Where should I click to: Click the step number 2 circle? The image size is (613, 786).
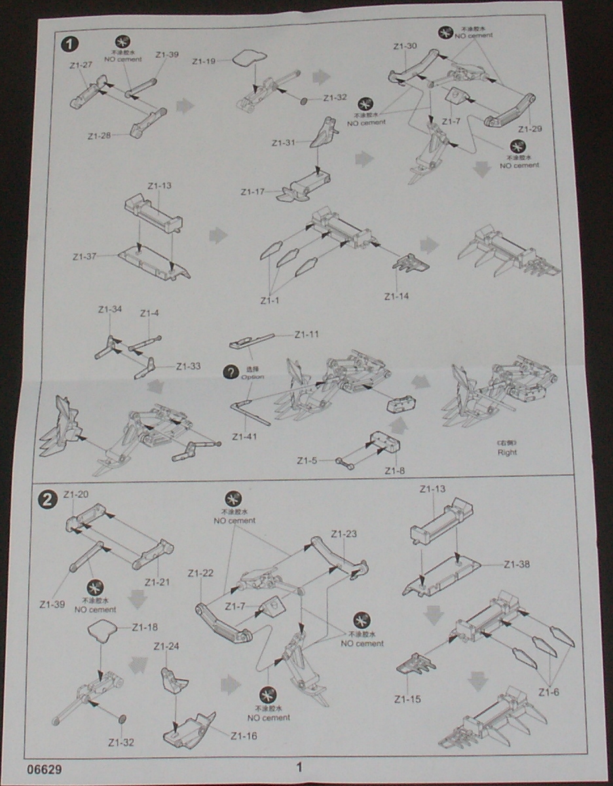47,500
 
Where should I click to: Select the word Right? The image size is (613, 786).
507,452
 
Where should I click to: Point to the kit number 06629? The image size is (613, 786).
45,766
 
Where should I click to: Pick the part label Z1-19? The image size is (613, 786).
204,62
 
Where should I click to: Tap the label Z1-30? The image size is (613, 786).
405,47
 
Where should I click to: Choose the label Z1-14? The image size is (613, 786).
396,296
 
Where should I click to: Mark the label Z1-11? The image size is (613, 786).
306,335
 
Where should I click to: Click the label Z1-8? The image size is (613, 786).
394,470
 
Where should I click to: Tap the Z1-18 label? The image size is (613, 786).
145,627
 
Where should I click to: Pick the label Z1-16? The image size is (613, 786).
244,736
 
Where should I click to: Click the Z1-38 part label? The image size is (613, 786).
517,564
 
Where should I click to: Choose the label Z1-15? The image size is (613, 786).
407,699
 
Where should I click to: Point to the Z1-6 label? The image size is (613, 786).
551,692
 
